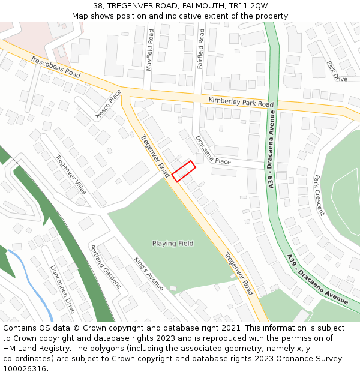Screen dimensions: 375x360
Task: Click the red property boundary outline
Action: tap(184, 171)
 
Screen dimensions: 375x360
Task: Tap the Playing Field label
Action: tap(173, 244)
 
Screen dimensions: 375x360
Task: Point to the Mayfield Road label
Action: tap(150, 52)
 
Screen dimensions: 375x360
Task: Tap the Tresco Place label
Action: tap(109, 104)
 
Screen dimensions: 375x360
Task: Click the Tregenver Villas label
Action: tap(71, 175)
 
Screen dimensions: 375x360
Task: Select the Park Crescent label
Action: tap(319, 195)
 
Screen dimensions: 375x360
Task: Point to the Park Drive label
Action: tap(337, 71)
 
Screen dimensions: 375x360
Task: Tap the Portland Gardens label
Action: tap(106, 266)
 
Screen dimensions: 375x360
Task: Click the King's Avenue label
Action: tap(149, 274)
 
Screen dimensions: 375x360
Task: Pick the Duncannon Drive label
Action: tap(62, 289)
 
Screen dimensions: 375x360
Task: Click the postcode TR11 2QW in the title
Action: tap(248, 6)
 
